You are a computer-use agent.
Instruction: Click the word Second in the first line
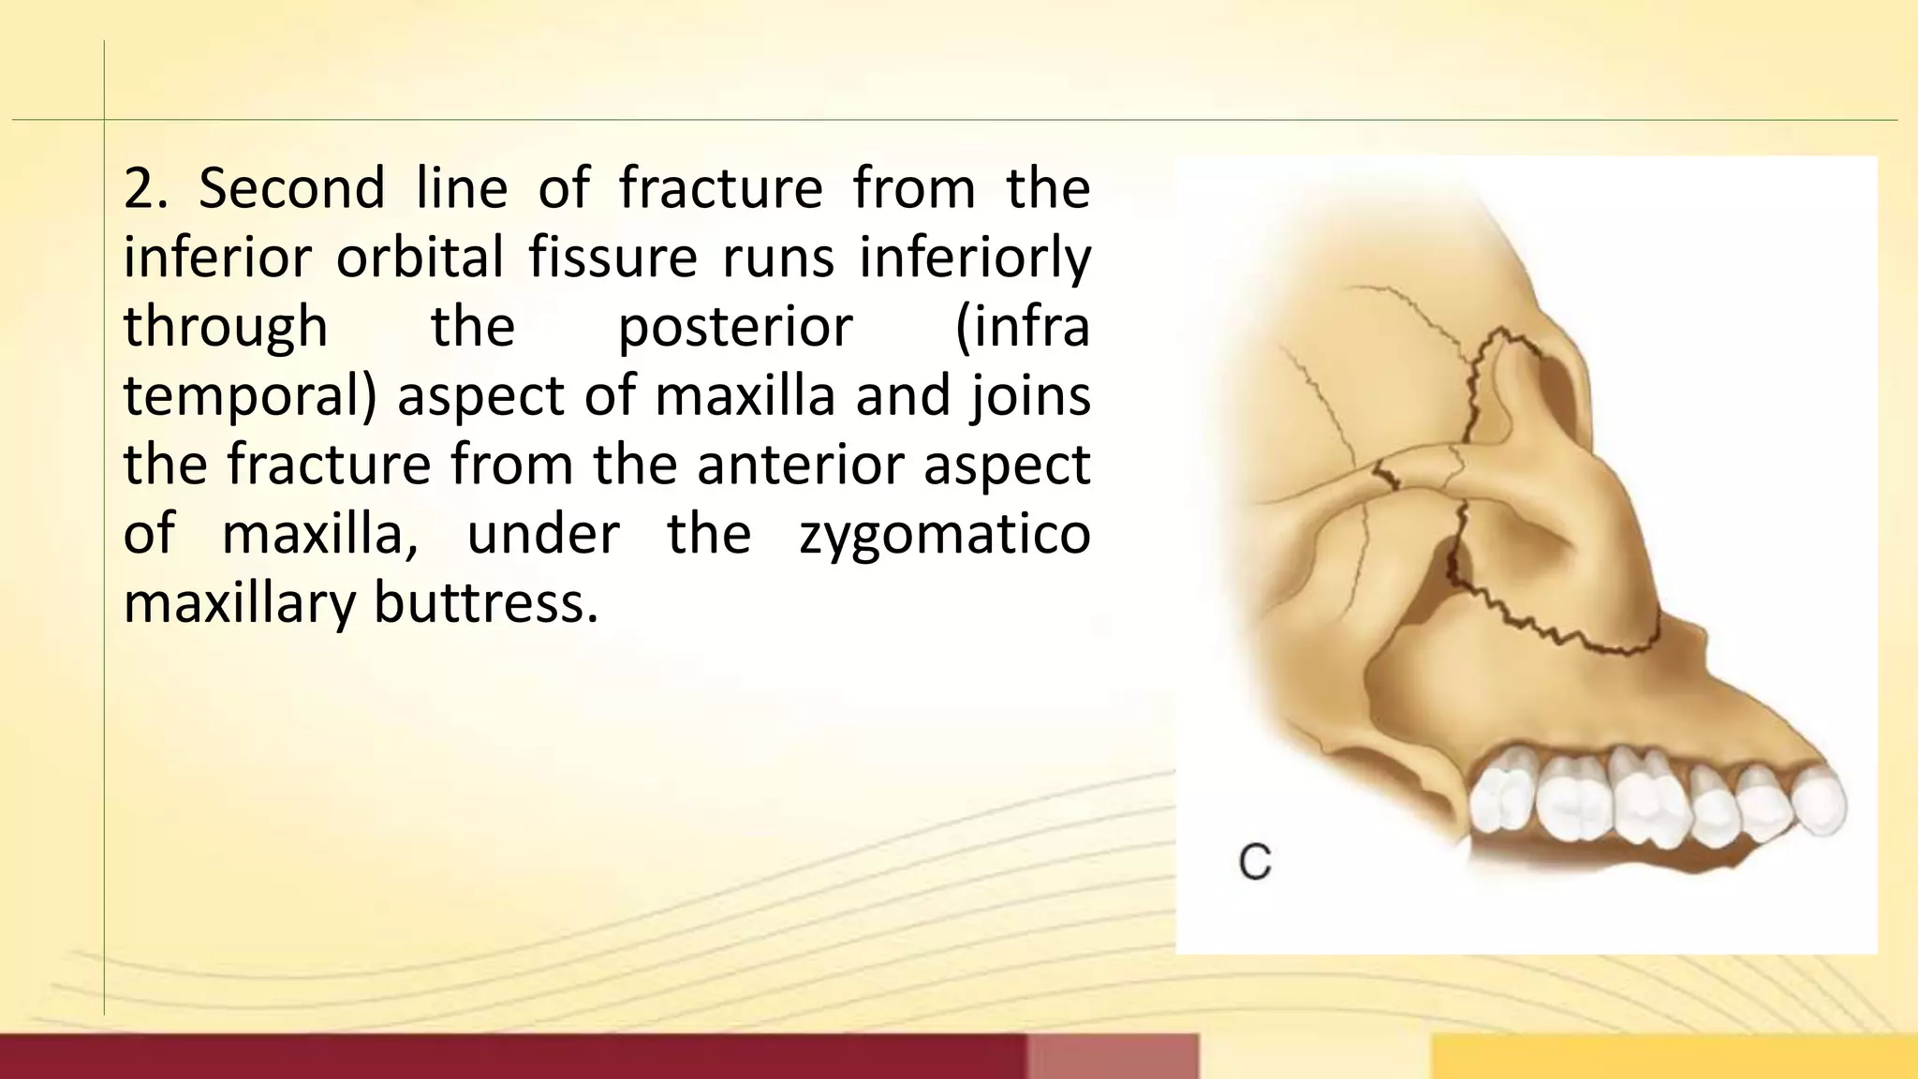[x=291, y=187]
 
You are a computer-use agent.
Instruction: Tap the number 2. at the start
[x=145, y=187]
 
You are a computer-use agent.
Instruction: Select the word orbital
[x=420, y=257]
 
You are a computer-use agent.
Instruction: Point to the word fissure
[x=612, y=257]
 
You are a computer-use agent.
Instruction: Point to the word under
[x=543, y=534]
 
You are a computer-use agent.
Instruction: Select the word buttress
[x=485, y=601]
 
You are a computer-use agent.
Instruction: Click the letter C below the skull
[x=1255, y=862]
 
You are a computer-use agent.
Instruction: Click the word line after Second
[x=461, y=187]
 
